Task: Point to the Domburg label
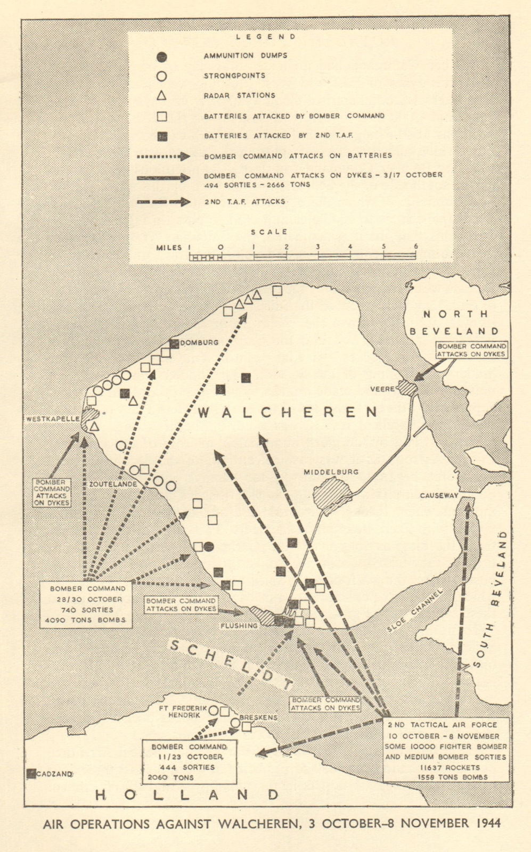tap(199, 342)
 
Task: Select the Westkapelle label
tap(51, 419)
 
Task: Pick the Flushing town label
tap(241, 625)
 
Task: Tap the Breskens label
tap(259, 717)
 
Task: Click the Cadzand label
tap(54, 774)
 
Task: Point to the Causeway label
tap(439, 495)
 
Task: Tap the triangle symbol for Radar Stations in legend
tap(162, 96)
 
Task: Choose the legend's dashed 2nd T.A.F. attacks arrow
tap(164, 202)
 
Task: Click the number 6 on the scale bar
tap(415, 247)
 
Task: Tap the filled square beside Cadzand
tap(31, 774)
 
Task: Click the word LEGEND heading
tap(266, 37)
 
